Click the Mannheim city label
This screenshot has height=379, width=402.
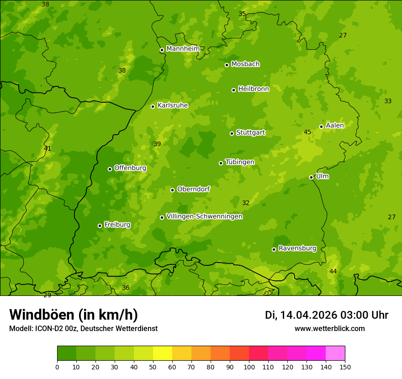183,49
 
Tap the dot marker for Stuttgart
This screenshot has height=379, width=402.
232,133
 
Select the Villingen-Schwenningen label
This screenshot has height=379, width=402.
204,216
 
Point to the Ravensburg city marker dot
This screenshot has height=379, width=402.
274,249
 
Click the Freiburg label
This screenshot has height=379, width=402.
117,225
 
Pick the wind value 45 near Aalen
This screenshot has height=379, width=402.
307,132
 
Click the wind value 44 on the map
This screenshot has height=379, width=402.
333,272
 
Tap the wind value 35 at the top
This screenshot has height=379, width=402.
242,14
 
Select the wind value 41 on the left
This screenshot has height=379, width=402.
48,148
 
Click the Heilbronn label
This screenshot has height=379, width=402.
254,89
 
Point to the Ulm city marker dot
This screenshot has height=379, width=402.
312,177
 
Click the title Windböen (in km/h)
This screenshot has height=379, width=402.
73,315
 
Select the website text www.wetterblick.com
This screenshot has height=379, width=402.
329,329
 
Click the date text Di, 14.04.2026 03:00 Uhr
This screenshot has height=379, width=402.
327,315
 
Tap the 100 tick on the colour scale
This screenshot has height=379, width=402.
249,367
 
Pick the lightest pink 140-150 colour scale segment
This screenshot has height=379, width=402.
335,353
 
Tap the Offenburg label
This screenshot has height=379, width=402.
130,168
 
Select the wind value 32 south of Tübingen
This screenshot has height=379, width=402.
246,203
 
